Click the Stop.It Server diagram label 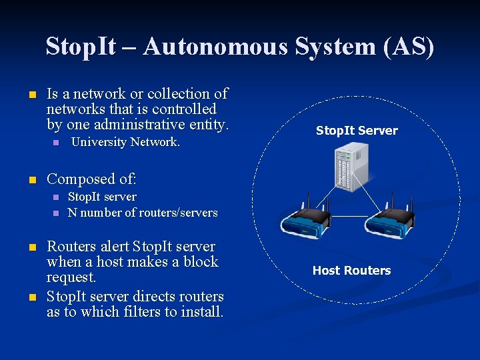(357, 131)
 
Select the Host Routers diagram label (352, 270)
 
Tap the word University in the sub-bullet (99, 142)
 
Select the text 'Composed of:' (91, 179)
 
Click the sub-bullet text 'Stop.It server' (102, 197)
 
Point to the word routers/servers (177, 213)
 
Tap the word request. (71, 277)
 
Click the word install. (201, 311)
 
